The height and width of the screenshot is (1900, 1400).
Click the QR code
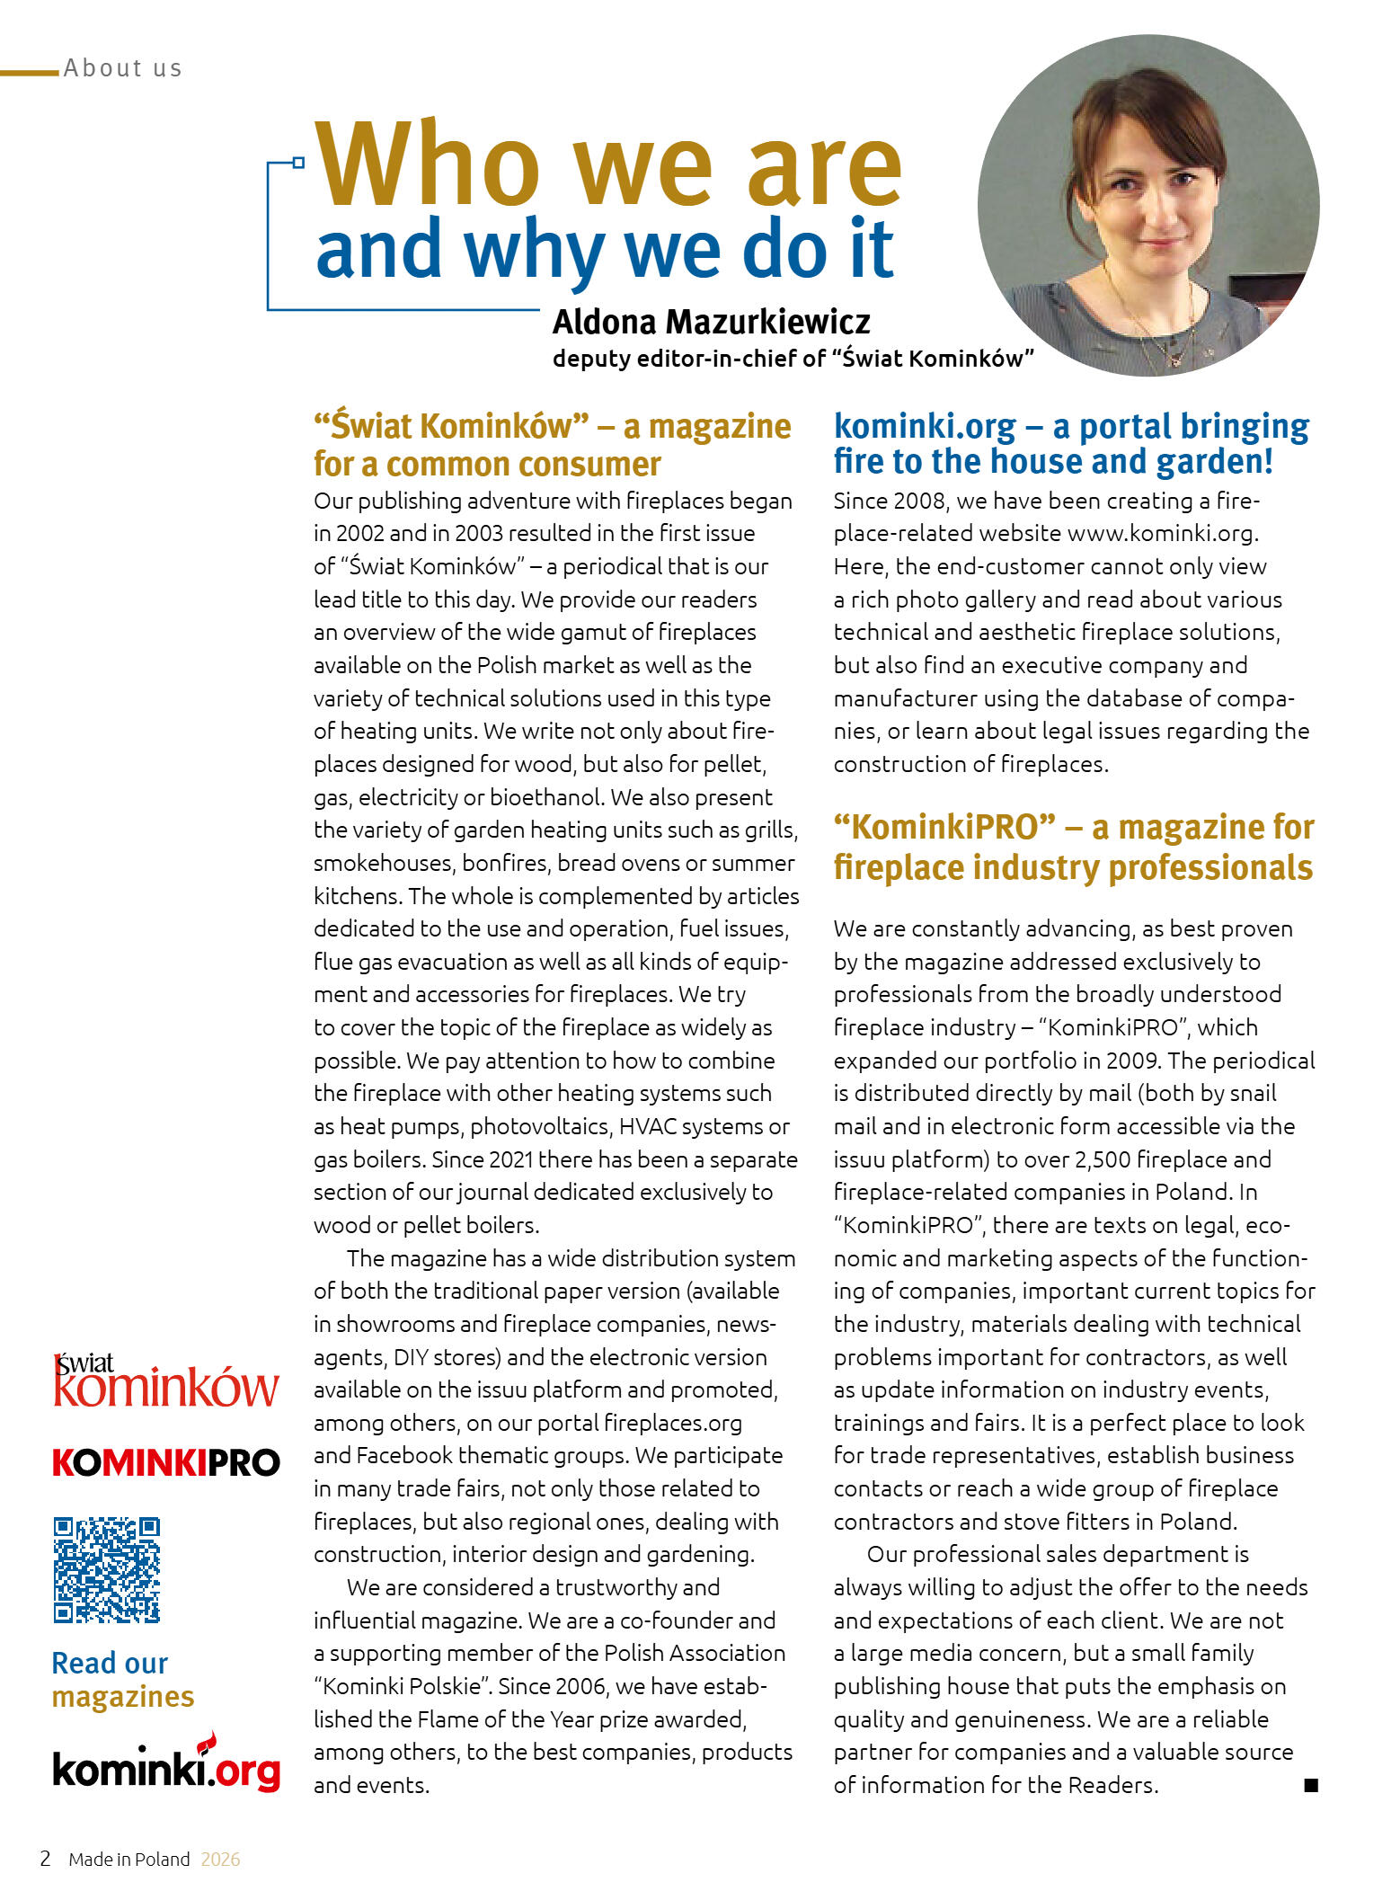pos(106,1569)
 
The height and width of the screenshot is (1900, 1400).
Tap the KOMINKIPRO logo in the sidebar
pos(166,1463)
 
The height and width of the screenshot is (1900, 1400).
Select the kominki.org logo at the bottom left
pos(166,1767)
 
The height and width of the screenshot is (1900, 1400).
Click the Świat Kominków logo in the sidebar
pos(166,1381)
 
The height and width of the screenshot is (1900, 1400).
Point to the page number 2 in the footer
pos(45,1859)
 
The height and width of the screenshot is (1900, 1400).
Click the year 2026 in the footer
pos(220,1860)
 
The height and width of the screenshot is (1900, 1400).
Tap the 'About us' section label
pos(123,68)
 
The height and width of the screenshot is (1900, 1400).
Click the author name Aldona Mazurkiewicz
pos(711,322)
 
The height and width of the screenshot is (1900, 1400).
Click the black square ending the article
pos(1311,1785)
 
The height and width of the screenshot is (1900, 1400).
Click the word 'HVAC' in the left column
pos(650,1126)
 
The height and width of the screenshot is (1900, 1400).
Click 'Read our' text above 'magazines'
pos(110,1663)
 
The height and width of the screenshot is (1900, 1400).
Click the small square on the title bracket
pos(298,163)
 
